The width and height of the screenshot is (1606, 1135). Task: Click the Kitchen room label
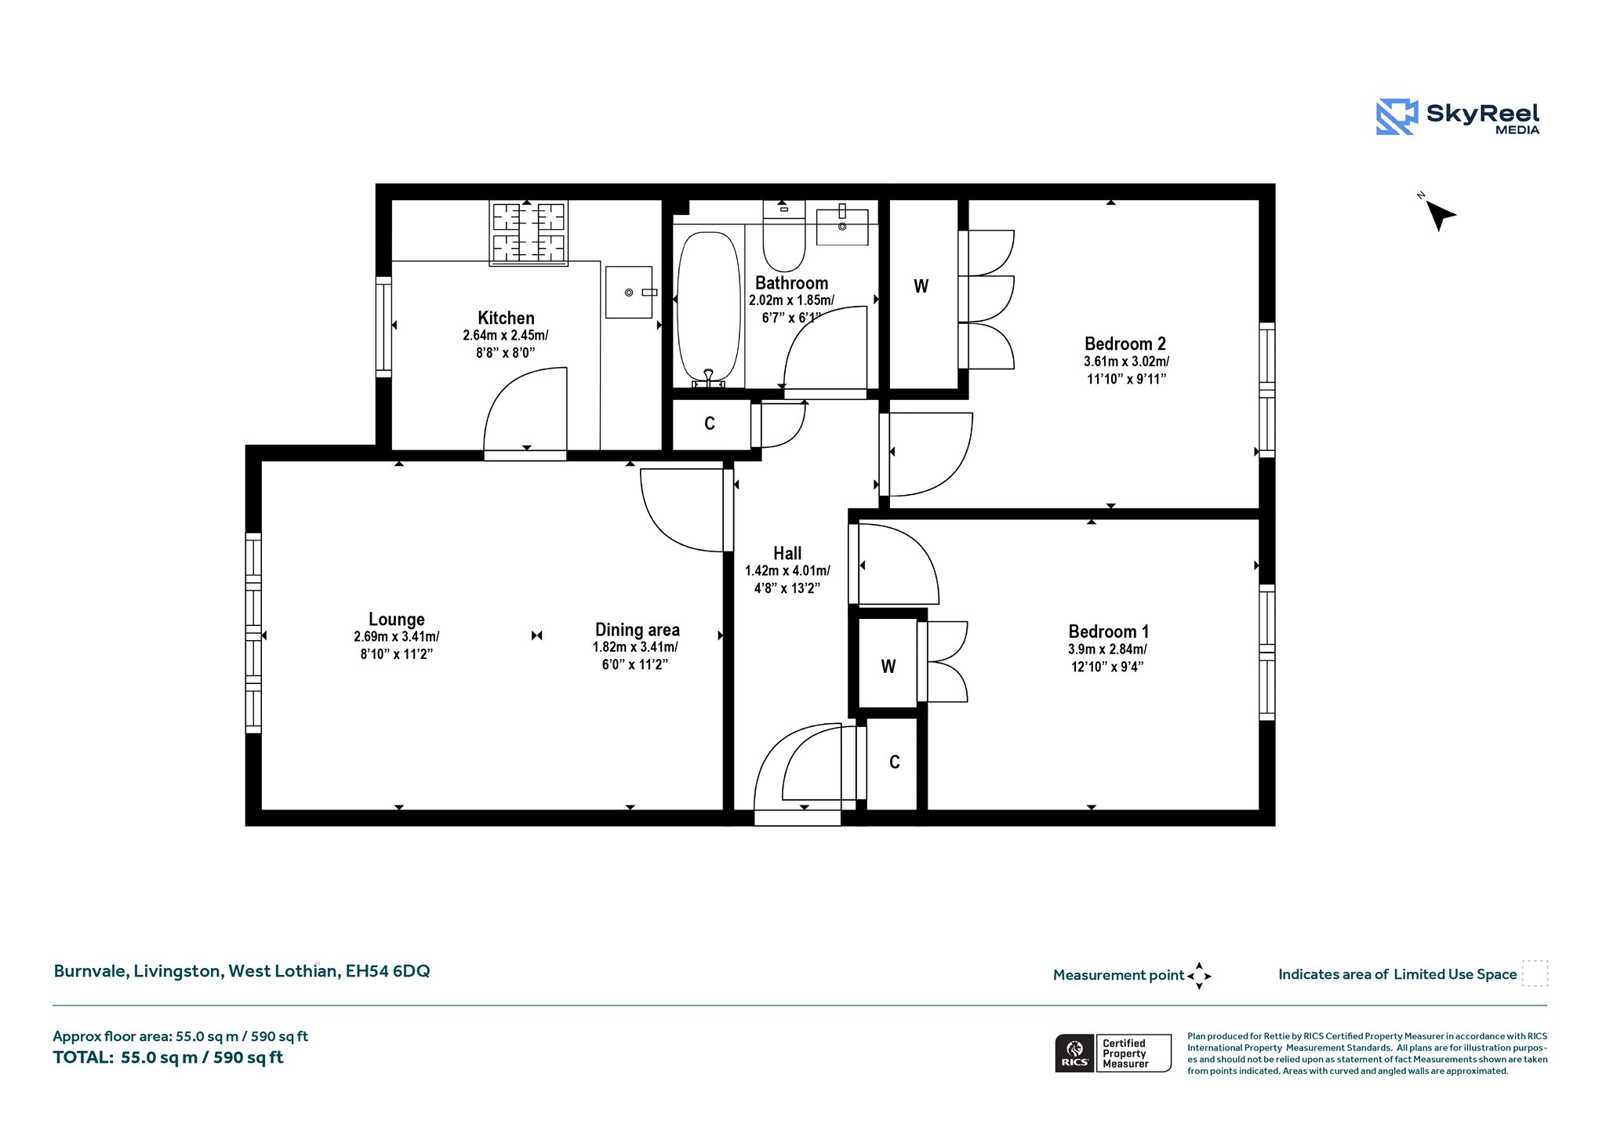pyautogui.click(x=506, y=318)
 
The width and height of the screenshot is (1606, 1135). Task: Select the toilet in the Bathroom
pyautogui.click(x=784, y=235)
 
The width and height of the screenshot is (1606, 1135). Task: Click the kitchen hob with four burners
pyautogui.click(x=529, y=232)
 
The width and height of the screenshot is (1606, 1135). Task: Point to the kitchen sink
pyautogui.click(x=629, y=292)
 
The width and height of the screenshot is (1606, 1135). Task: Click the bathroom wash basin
pyautogui.click(x=842, y=226)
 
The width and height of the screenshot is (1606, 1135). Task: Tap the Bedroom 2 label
pyautogui.click(x=1125, y=344)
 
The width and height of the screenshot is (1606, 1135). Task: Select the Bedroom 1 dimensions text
pyautogui.click(x=1107, y=657)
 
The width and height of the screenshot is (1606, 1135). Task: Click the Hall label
pyautogui.click(x=787, y=553)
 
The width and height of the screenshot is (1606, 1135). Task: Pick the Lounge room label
pyautogui.click(x=397, y=619)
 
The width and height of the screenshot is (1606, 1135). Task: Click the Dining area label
pyautogui.click(x=638, y=630)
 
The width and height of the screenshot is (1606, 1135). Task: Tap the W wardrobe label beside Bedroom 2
pyautogui.click(x=921, y=286)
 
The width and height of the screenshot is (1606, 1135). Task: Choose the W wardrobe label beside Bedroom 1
pyautogui.click(x=888, y=666)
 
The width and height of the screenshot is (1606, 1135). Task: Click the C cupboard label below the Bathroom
pyautogui.click(x=710, y=424)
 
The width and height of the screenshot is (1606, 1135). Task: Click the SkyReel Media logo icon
pyautogui.click(x=1397, y=117)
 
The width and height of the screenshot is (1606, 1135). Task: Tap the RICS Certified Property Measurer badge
pyautogui.click(x=1114, y=1053)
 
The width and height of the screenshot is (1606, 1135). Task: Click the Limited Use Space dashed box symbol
pyautogui.click(x=1535, y=973)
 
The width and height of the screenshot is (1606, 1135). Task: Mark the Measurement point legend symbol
pyautogui.click(x=1199, y=976)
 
